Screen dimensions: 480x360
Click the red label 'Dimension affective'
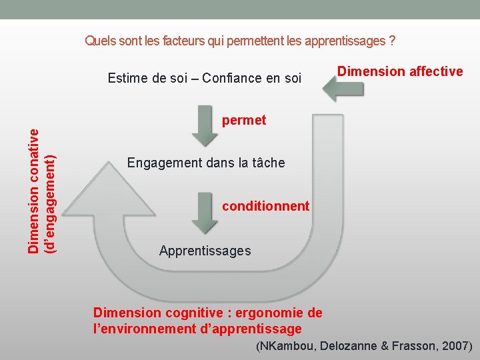point(400,71)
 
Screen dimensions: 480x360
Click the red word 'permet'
point(244,120)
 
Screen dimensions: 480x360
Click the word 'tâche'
point(267,163)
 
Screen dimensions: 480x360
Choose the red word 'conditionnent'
point(265,206)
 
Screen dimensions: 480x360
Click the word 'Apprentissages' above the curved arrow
point(205,251)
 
